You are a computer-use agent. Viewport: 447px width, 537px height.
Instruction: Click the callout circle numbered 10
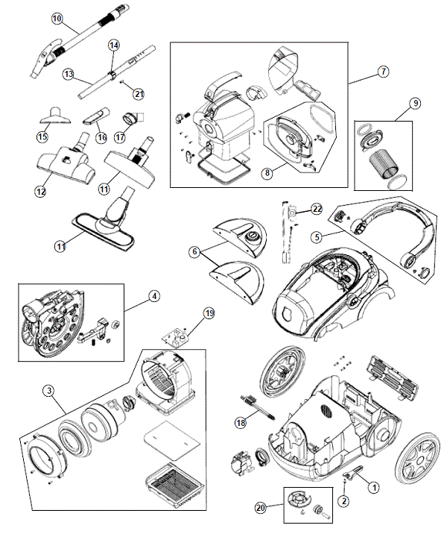coord(57,18)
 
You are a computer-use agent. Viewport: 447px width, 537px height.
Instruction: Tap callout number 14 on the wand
coord(114,45)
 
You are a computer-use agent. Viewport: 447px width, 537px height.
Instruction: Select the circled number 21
coord(138,93)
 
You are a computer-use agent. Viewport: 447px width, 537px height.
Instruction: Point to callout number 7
coord(383,72)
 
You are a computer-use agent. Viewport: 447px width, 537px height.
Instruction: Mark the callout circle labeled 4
coord(153,295)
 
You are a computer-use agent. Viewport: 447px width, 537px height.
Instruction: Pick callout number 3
coord(47,390)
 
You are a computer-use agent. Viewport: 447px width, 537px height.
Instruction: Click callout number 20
coord(259,507)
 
